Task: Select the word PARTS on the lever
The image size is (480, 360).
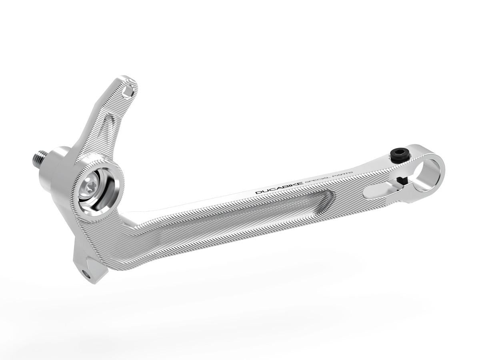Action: point(342,172)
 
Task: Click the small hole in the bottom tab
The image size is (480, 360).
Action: point(84,273)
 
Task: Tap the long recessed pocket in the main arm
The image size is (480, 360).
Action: point(256,210)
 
